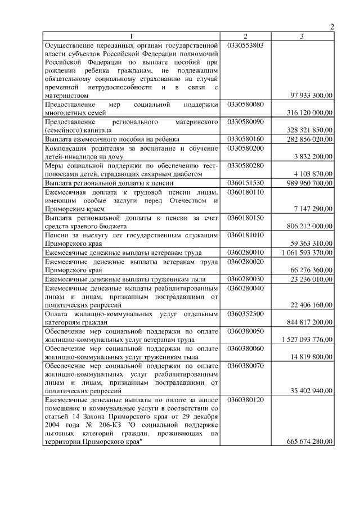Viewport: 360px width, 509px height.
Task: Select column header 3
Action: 302,37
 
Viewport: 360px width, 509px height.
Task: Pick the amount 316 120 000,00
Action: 309,112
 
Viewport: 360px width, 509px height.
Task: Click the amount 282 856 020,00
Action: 309,139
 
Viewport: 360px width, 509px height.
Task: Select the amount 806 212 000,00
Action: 309,226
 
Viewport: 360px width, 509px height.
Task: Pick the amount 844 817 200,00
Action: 309,322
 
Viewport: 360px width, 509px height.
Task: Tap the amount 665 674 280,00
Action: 309,442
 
